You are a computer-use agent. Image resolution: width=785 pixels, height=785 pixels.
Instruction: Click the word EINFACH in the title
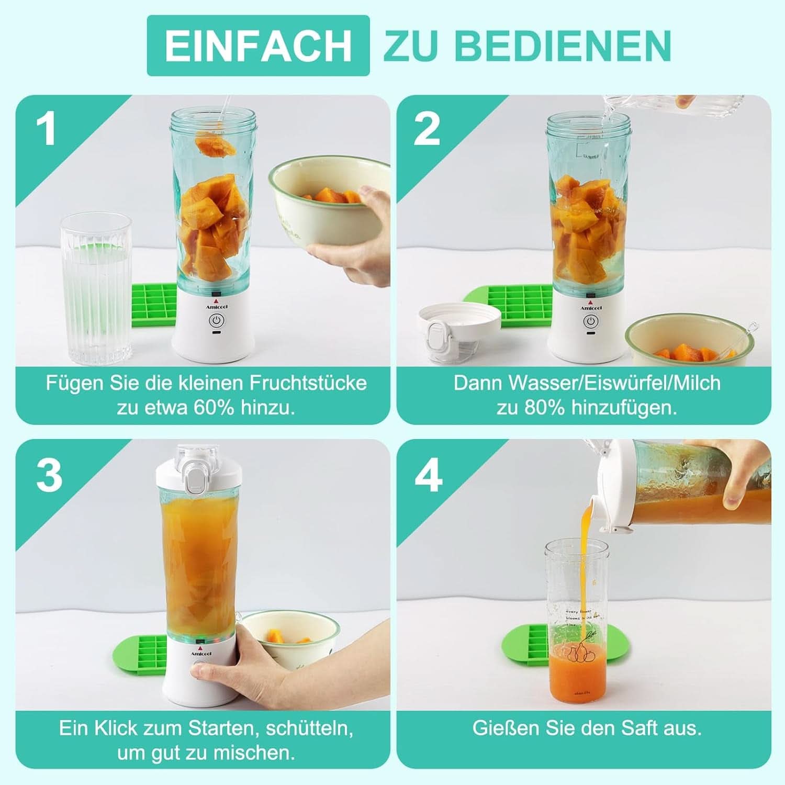[x=258, y=46]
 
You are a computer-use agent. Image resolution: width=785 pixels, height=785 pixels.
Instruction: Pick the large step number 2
[x=427, y=129]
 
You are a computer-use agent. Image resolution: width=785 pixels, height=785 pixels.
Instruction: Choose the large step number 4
[x=428, y=476]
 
